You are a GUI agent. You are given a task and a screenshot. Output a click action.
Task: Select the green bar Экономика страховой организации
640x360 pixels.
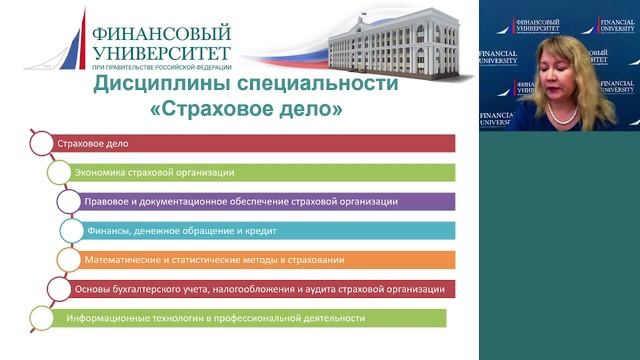point(260,172)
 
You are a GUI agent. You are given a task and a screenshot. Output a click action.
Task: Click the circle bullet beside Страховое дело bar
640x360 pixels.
point(39,143)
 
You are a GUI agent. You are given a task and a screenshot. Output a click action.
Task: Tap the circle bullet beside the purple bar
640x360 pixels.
point(68,201)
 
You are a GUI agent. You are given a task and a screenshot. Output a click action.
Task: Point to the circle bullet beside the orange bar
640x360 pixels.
point(68,259)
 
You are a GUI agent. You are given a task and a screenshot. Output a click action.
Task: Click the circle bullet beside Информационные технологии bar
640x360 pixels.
point(39,318)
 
